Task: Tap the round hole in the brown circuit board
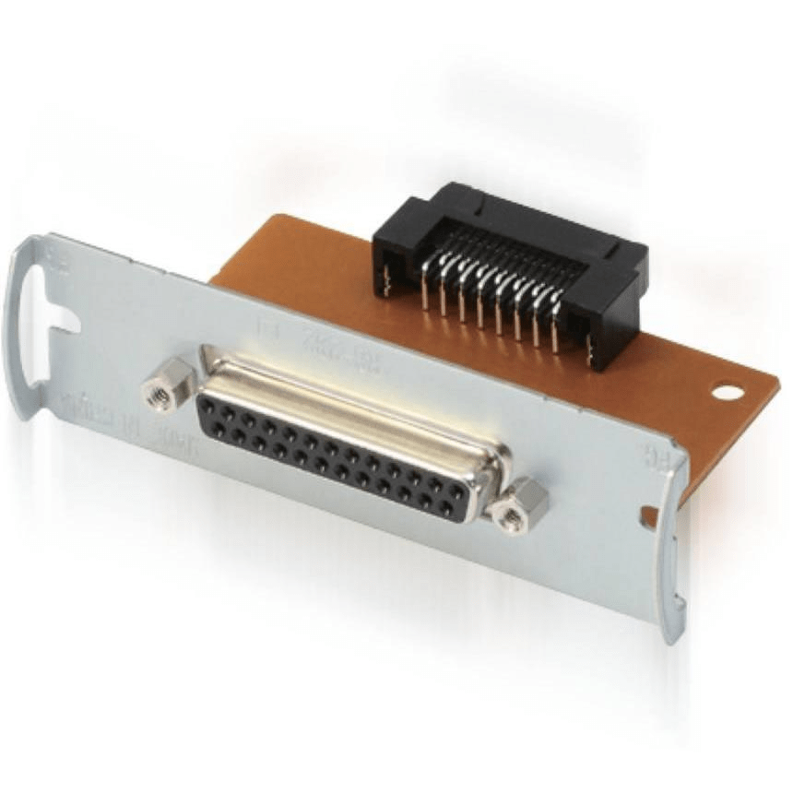tap(727, 391)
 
